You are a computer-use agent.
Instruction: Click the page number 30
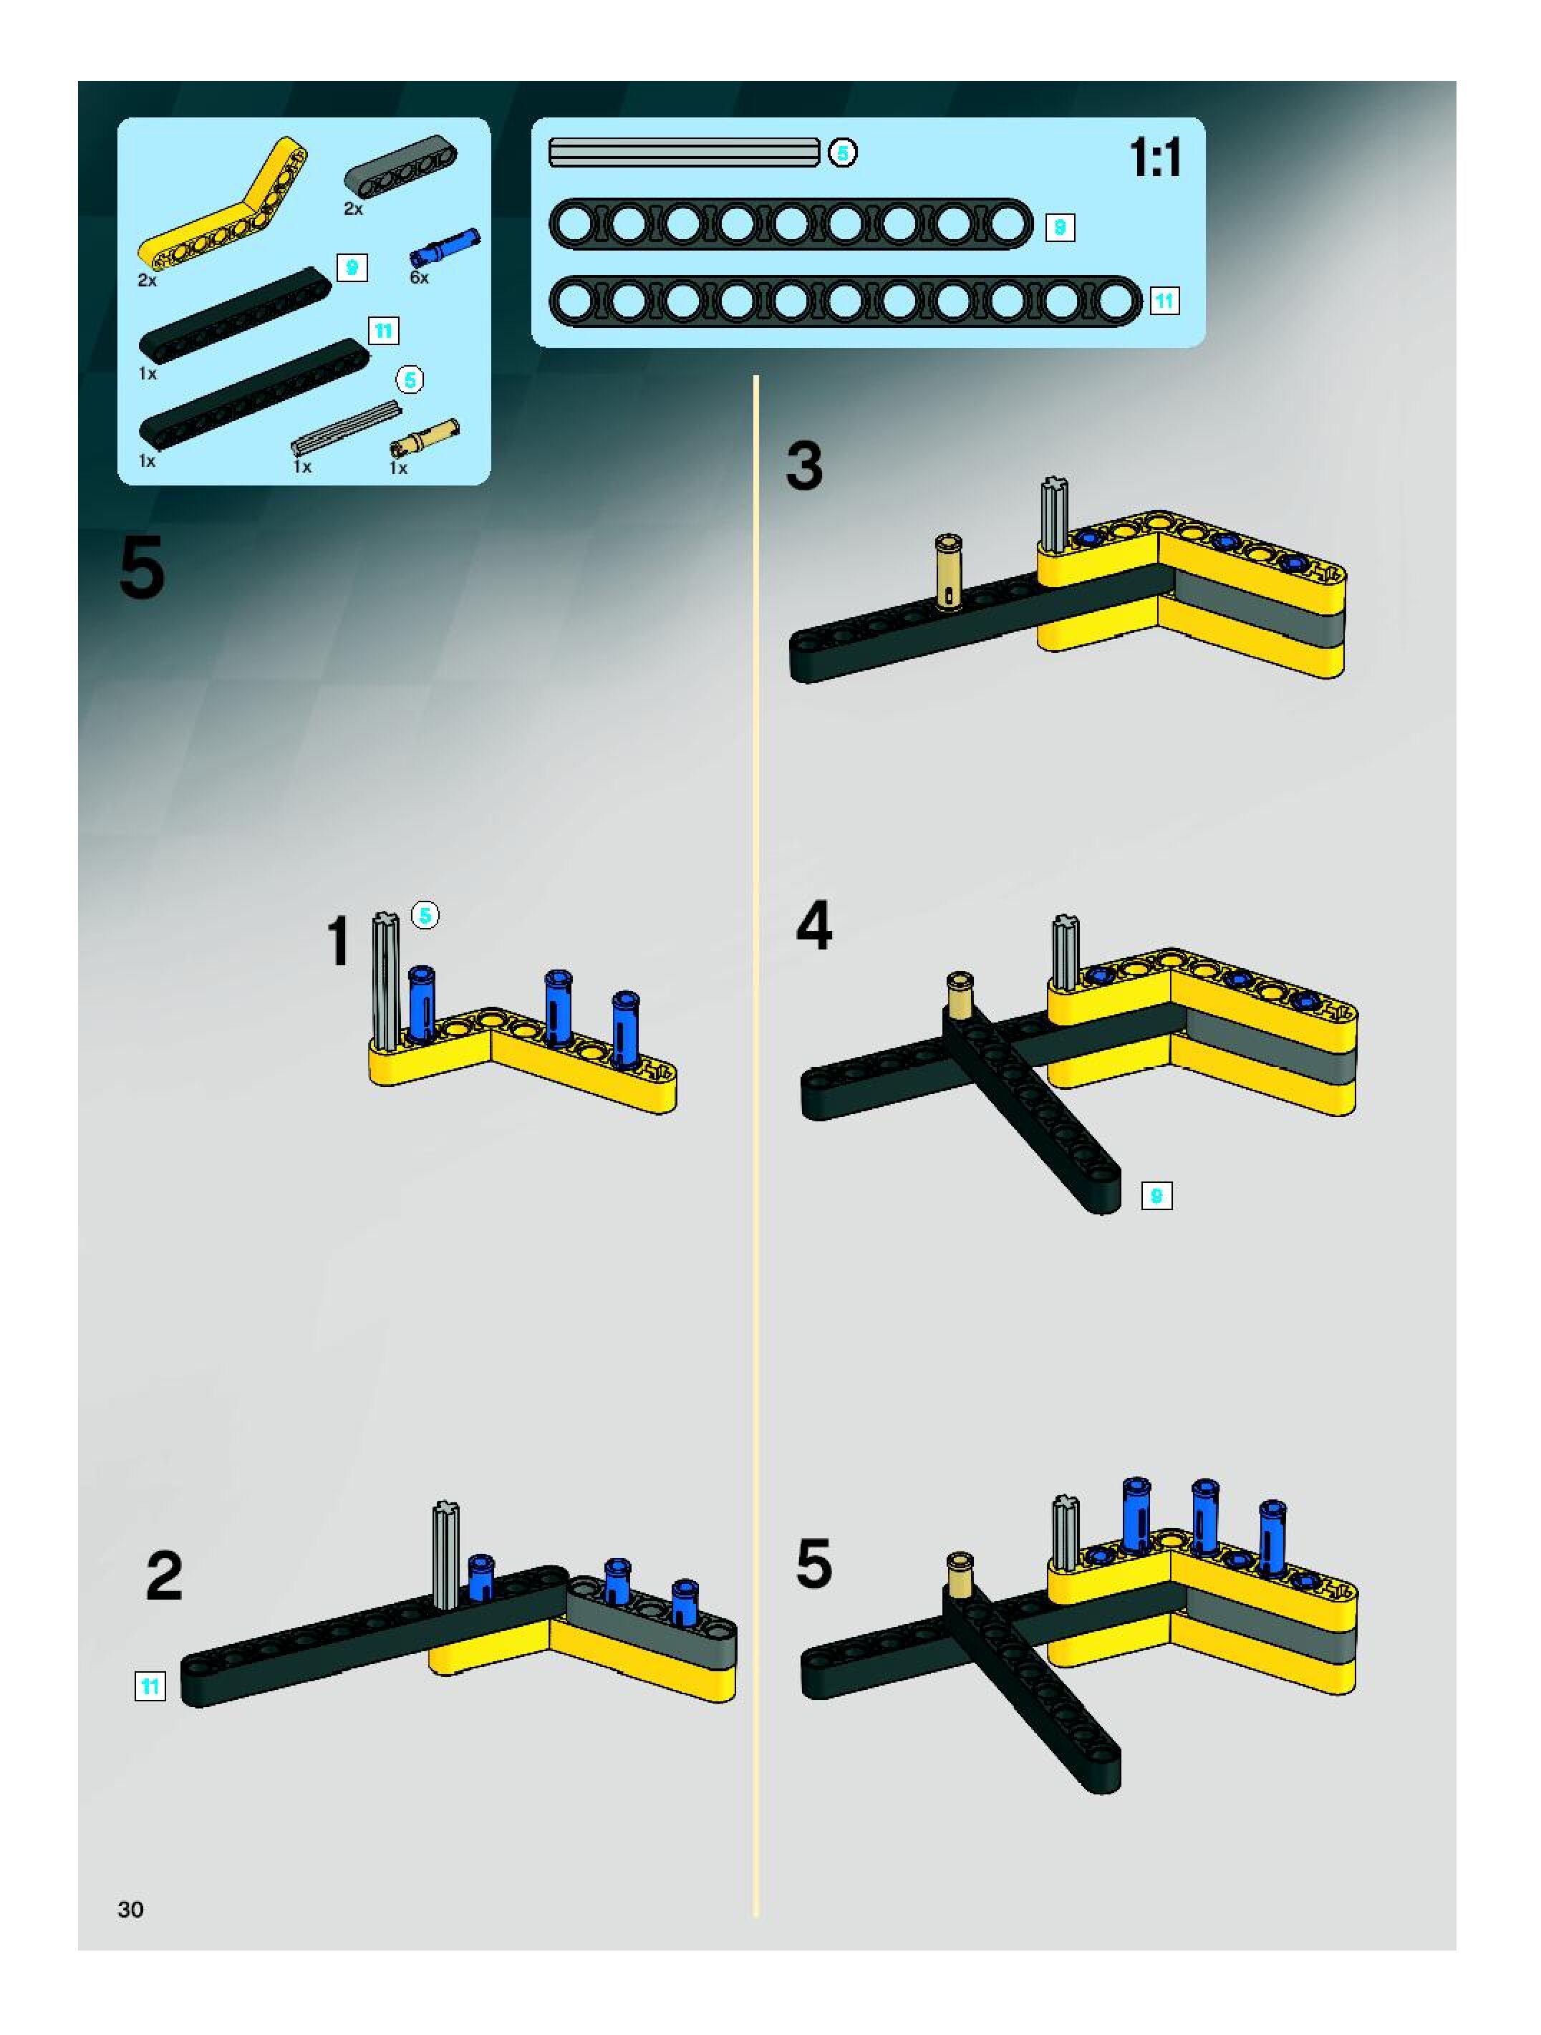(130, 1909)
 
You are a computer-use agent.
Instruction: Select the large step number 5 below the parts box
(142, 569)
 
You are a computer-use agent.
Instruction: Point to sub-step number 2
(165, 1576)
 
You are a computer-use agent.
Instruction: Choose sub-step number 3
(804, 465)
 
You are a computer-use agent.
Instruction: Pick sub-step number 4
(814, 926)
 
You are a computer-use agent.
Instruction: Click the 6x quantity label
(420, 278)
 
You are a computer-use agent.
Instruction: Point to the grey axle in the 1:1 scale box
(684, 152)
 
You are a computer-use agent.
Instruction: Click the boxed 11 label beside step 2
(150, 1686)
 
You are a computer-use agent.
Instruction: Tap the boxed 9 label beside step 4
(1156, 1196)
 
